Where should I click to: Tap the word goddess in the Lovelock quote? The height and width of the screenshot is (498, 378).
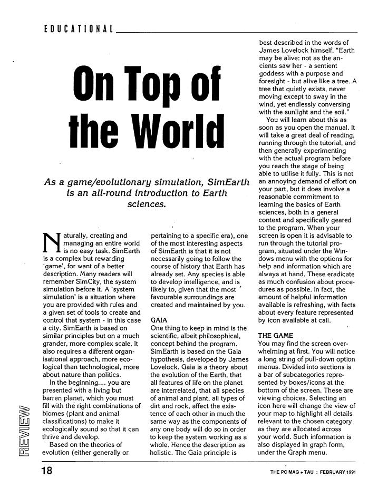[273, 74]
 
